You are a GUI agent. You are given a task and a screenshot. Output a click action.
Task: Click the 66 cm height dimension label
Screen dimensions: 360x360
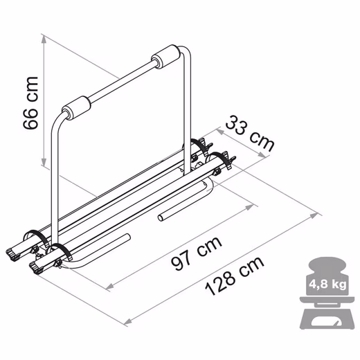click(30, 102)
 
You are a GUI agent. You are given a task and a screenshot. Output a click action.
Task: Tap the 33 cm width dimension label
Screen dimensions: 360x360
click(250, 134)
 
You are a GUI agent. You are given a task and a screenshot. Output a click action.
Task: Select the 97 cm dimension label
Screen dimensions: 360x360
click(197, 253)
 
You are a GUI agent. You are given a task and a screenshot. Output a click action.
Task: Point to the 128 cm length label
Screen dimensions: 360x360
click(234, 276)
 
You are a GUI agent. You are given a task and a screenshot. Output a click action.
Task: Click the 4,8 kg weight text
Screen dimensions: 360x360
click(327, 284)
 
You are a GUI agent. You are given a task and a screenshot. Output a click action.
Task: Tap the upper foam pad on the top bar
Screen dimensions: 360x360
click(165, 57)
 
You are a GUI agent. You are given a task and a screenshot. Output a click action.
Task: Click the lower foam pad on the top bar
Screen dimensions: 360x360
click(76, 108)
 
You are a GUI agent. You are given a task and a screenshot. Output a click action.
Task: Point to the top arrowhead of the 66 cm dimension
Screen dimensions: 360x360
click(44, 39)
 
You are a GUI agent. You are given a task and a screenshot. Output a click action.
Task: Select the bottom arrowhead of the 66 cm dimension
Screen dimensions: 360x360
click(44, 161)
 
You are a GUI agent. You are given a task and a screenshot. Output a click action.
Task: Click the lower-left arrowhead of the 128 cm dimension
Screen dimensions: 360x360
click(127, 321)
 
